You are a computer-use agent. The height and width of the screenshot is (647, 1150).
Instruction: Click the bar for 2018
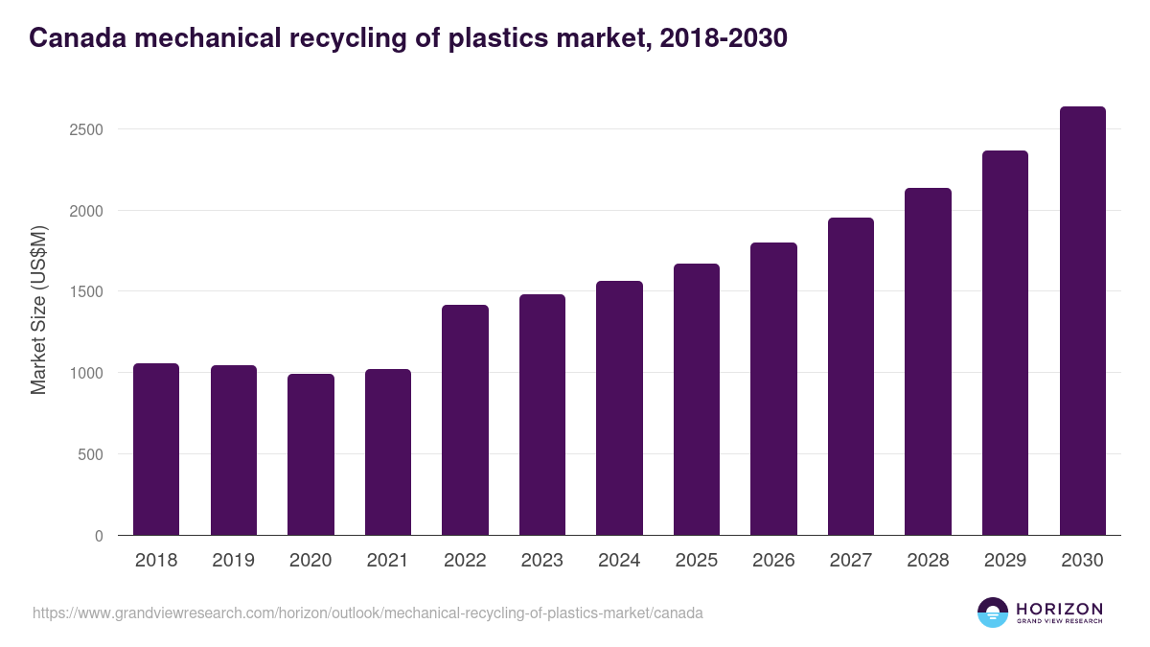point(156,450)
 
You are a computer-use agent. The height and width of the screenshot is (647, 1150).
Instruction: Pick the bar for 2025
point(697,400)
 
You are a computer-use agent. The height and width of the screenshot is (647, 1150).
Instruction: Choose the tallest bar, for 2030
point(1082,321)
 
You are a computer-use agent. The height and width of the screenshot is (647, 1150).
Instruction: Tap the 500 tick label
point(92,454)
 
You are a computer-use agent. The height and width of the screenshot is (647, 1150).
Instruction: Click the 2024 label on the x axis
point(619,561)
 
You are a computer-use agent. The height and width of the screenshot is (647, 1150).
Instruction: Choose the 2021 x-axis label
point(388,561)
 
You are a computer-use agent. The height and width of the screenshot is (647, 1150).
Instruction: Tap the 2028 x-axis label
point(928,561)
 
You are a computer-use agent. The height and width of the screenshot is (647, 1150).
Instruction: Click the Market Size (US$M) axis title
point(38,309)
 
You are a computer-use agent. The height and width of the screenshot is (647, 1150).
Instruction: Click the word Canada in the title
point(77,38)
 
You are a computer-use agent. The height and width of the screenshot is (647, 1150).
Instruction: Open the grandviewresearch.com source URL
point(368,612)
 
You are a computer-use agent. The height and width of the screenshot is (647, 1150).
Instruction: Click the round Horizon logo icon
point(993,612)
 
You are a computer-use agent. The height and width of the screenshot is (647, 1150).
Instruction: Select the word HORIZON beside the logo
point(1059,608)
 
